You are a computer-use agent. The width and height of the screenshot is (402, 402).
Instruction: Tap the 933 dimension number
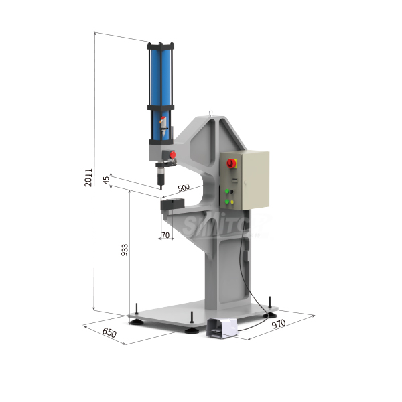tap(124, 251)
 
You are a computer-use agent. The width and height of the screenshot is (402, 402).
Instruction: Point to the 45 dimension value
tap(106, 181)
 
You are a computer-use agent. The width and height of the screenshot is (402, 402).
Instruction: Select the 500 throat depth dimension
tap(183, 188)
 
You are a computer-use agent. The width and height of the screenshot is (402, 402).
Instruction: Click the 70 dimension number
tap(165, 235)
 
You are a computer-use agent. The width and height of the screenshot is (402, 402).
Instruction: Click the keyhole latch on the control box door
tap(246, 182)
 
